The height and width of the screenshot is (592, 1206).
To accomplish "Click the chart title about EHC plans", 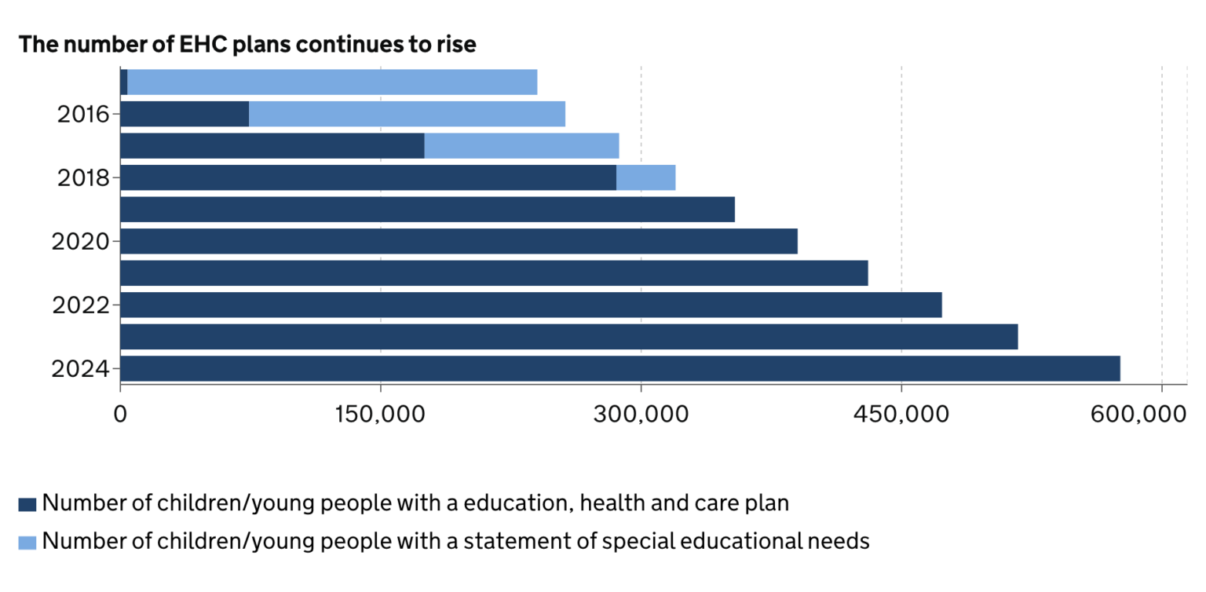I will pos(247,45).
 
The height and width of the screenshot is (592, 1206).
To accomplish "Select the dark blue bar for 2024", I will pos(619,368).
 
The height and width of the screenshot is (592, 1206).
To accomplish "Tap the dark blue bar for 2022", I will pos(531,305).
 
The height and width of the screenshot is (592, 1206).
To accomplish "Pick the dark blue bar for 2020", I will pos(459,241).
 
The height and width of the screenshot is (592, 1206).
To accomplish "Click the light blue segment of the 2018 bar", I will pos(645,177).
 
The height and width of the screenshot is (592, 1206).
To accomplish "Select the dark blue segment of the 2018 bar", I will pos(368,177).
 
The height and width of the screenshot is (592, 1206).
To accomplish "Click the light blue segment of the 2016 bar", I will pos(407,114).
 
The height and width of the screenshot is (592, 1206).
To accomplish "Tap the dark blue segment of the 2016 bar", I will pos(185,114).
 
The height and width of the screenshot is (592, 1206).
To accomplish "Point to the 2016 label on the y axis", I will pos(82,115).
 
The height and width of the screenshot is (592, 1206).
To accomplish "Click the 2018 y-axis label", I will pos(82,178).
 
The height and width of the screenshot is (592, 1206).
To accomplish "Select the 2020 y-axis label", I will pos(80,242).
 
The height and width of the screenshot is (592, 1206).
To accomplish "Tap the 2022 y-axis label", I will pos(80,305).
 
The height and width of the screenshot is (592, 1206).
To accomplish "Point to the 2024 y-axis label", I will pos(80,369).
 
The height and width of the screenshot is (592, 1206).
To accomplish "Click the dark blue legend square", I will pos(27,505).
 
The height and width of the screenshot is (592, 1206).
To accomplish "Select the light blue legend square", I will pos(27,542).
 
